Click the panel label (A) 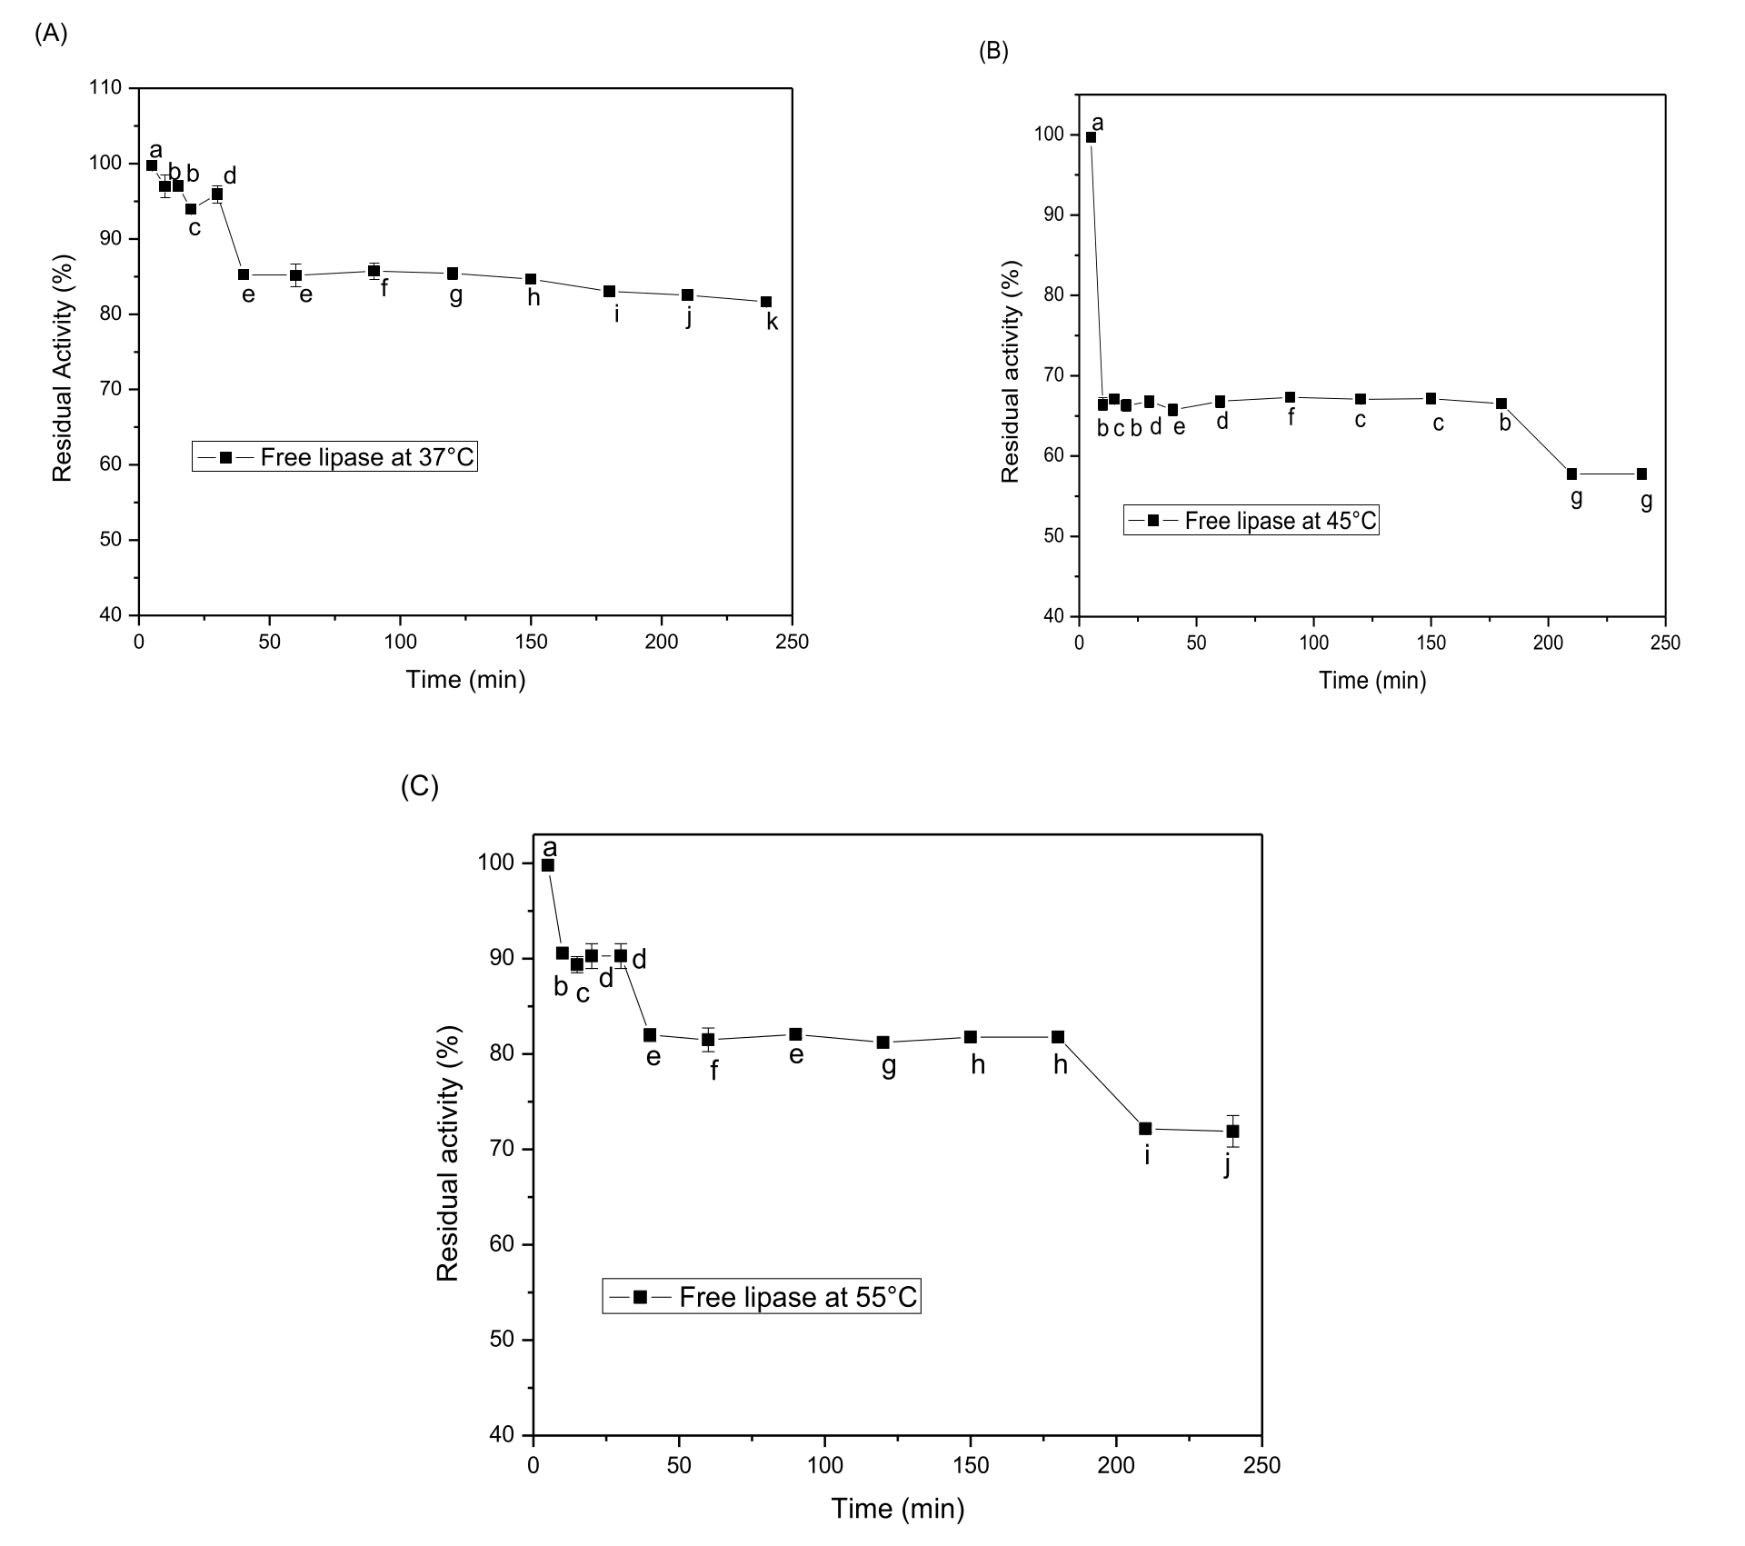tap(51, 34)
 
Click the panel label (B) tap(993, 52)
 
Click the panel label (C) tap(420, 786)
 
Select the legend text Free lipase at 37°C tap(367, 457)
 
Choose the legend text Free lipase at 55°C tap(798, 1297)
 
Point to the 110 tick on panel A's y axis tap(106, 88)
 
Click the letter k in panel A tap(772, 321)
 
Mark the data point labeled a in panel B tap(1091, 137)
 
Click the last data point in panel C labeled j tap(1232, 1132)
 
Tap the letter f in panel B tap(1291, 417)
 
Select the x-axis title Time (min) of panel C tap(897, 1509)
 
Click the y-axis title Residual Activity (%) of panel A tap(62, 368)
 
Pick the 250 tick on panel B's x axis tap(1665, 643)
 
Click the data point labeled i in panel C tap(1145, 1129)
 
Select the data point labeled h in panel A tap(531, 279)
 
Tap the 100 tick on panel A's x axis tap(400, 642)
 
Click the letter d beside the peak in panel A tap(230, 175)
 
